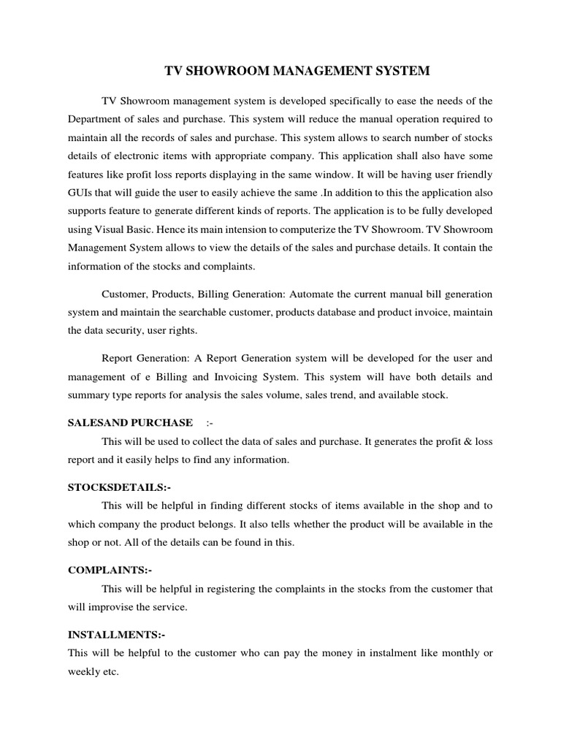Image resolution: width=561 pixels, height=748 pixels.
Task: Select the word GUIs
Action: pos(81,192)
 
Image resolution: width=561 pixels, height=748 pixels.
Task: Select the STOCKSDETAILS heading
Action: pos(120,487)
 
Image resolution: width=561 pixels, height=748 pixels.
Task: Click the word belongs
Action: pos(231,524)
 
